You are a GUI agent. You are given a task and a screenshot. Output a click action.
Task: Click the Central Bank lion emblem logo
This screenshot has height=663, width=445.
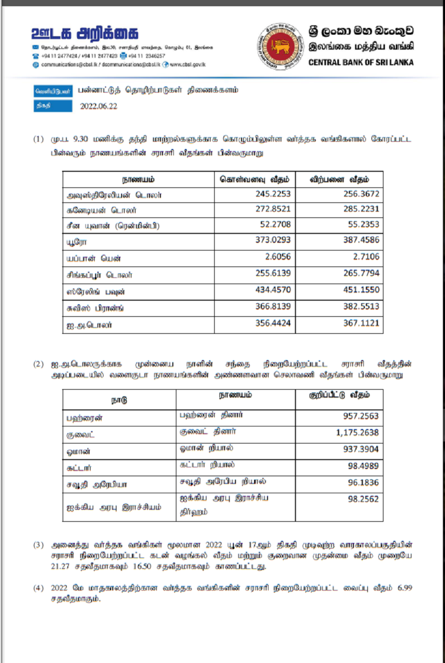tap(280, 46)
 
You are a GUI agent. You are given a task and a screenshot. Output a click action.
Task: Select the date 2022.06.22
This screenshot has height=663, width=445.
tap(99, 106)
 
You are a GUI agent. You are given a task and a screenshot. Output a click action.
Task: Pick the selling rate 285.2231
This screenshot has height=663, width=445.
tap(361, 210)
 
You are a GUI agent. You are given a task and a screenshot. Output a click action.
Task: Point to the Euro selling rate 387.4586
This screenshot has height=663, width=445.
tap(361, 241)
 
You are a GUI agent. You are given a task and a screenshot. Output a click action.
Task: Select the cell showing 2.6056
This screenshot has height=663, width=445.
tap(279, 257)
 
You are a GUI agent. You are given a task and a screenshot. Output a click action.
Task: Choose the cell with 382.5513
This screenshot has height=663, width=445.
tap(361, 306)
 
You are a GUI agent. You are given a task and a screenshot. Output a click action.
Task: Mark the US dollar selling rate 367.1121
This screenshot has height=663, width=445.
tap(361, 323)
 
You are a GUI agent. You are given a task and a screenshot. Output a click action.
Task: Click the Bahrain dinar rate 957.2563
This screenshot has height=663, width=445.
tap(361, 416)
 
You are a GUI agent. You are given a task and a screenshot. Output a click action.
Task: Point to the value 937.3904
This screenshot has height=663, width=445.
tap(361, 449)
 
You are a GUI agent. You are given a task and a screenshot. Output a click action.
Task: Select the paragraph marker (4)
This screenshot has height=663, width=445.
tap(39, 588)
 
